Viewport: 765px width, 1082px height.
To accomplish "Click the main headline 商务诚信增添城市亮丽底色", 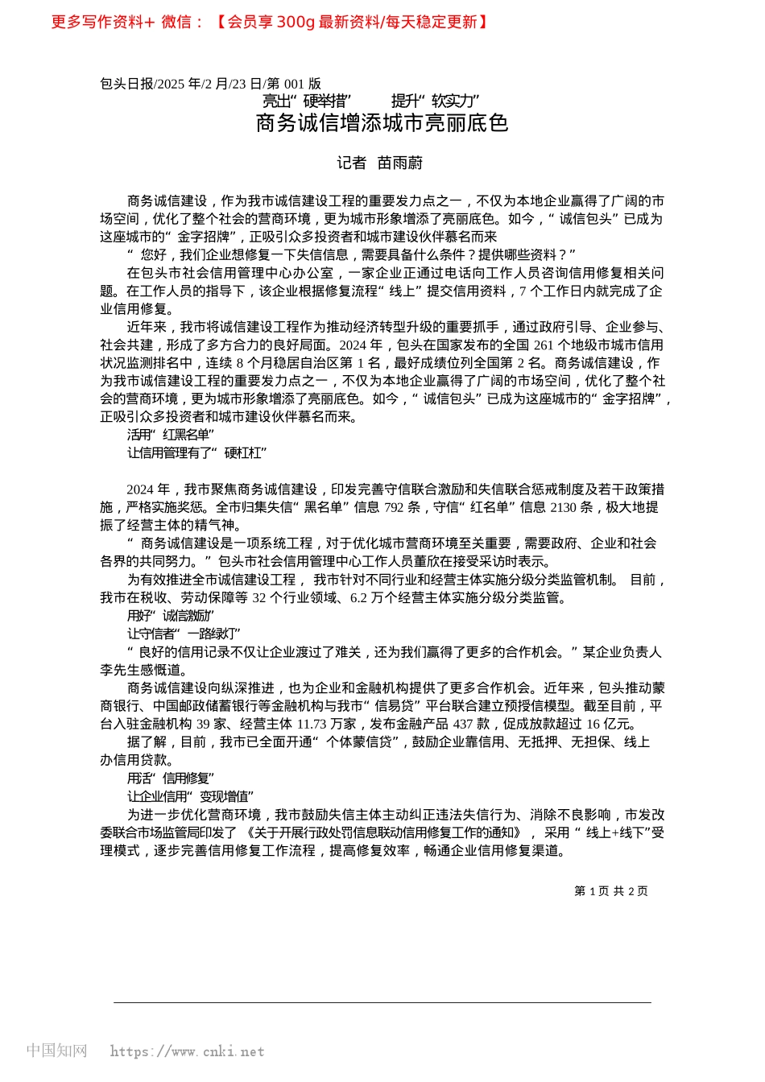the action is tap(382, 123).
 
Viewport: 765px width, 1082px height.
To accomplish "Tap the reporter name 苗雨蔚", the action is tap(400, 163).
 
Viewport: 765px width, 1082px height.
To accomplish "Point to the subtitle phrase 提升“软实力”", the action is tap(435, 101).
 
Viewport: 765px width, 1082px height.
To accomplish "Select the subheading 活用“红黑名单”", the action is tap(171, 436).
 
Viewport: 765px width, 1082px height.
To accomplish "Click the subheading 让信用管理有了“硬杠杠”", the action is tap(196, 453).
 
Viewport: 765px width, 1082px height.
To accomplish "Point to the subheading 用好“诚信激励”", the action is tap(171, 616).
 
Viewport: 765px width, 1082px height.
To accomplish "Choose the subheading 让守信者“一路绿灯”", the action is tap(184, 634).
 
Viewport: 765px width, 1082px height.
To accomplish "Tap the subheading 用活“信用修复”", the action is tap(171, 778).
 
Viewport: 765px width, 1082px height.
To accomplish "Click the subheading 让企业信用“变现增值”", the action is tap(190, 797).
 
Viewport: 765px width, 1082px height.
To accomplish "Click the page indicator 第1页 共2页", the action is tap(610, 891).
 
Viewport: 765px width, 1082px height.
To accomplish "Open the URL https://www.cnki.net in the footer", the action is tap(187, 1051).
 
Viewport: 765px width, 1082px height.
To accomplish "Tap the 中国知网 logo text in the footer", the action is tap(56, 1051).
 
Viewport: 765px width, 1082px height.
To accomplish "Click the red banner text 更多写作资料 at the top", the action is tap(97, 23).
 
